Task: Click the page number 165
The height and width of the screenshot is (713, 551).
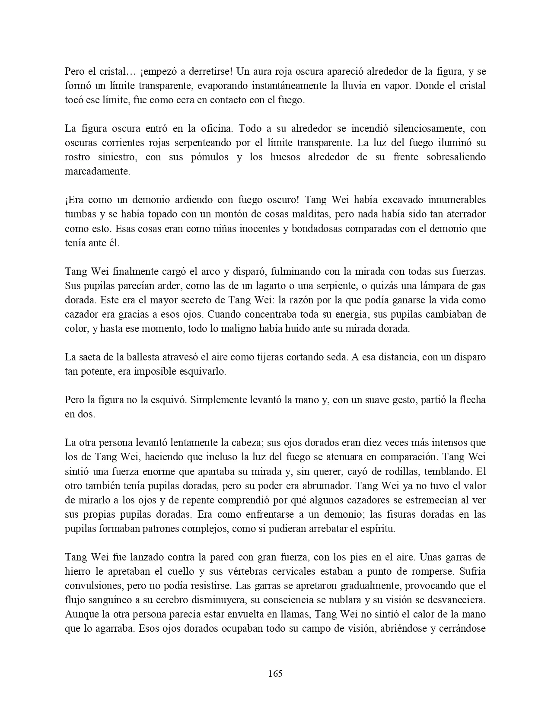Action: (x=275, y=673)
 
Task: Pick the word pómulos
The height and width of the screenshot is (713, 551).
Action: (x=210, y=157)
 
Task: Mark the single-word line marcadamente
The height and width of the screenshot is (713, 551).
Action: (x=97, y=171)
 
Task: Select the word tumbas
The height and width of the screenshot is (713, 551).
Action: (x=80, y=214)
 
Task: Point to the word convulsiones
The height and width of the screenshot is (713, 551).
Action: (x=92, y=586)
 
